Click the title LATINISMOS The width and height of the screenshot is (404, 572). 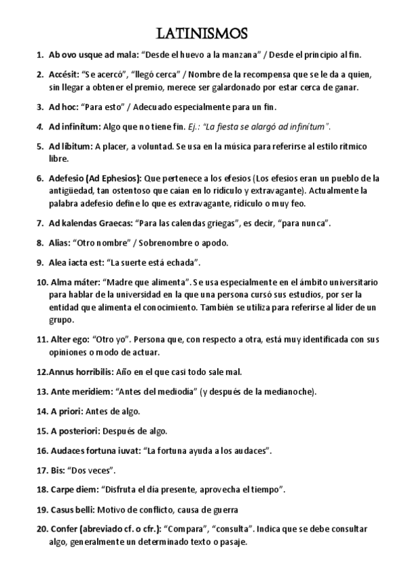pos(202,34)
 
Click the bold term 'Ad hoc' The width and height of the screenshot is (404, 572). pos(63,107)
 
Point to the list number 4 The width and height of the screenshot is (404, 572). pos(39,126)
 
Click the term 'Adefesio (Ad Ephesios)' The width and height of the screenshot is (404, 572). pos(94,179)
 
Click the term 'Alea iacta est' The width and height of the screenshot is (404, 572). pos(77,262)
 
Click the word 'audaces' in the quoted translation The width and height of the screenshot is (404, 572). pos(254,449)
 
